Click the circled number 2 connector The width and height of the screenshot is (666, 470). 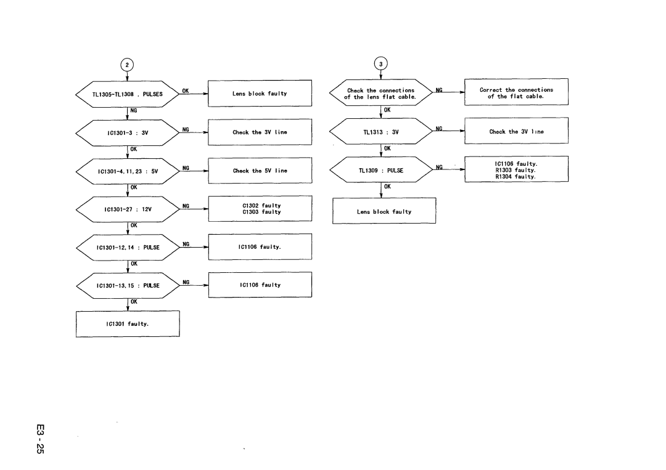[127, 65]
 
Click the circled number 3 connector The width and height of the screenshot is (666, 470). [382, 65]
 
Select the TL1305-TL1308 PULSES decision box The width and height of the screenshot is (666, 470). [127, 94]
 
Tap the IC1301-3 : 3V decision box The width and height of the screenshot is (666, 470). [127, 132]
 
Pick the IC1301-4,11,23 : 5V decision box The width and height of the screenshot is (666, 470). [127, 171]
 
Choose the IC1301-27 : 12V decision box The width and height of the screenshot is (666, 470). [127, 209]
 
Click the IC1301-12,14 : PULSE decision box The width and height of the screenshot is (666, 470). [127, 248]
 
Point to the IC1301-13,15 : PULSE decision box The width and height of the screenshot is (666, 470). [127, 286]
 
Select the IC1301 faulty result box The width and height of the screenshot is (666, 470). [127, 324]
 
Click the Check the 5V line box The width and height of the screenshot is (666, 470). [260, 171]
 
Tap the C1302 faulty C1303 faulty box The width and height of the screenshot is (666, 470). [260, 209]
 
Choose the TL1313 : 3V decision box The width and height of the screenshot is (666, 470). [382, 132]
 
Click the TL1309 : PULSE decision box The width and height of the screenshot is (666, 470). [382, 170]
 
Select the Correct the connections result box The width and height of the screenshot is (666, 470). [516, 93]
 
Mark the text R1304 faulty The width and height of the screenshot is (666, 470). [516, 177]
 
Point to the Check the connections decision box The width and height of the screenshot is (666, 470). [382, 94]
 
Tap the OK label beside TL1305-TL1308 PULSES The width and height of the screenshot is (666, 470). [185, 91]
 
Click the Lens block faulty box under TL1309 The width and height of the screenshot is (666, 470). [384, 211]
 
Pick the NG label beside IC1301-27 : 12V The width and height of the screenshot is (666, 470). [185, 206]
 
